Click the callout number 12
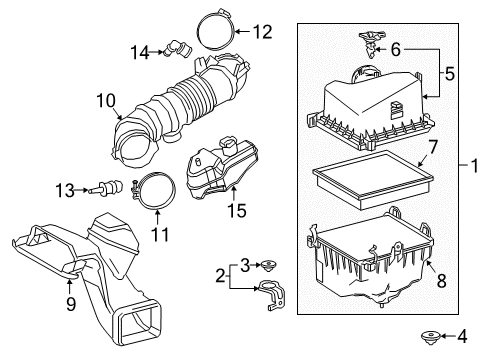tap(261, 32)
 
